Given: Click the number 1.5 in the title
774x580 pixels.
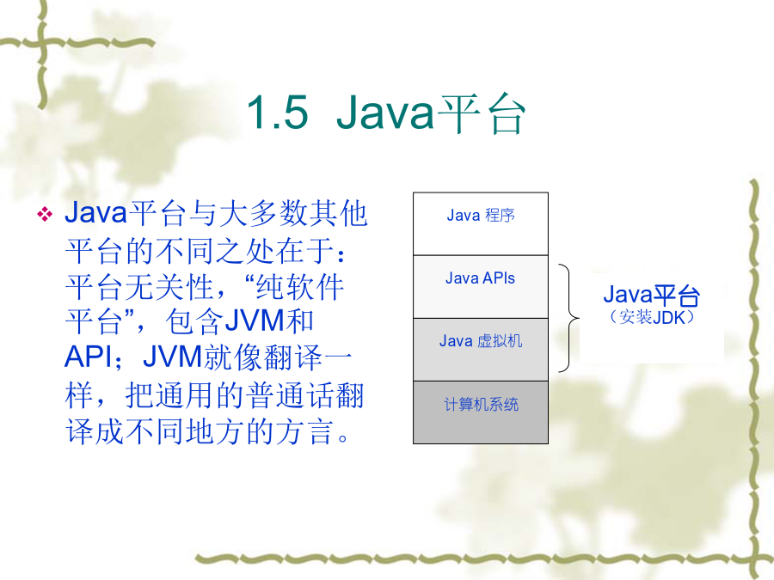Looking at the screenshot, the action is pyautogui.click(x=278, y=113).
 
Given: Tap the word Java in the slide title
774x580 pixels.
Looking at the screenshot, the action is pyautogui.click(x=385, y=113).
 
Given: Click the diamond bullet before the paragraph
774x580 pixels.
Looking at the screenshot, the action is pyautogui.click(x=45, y=214).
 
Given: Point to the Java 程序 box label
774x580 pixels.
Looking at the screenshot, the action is pyautogui.click(x=480, y=216).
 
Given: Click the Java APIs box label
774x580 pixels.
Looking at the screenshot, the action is pyautogui.click(x=480, y=278).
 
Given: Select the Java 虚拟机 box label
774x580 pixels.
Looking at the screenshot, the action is pyautogui.click(x=480, y=341).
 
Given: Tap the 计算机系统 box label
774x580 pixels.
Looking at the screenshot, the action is pyautogui.click(x=481, y=405).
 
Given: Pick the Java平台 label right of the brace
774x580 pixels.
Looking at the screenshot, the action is pyautogui.click(x=651, y=296).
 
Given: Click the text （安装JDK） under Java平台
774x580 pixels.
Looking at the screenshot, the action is pyautogui.click(x=652, y=317).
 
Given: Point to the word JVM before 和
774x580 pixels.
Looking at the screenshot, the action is pyautogui.click(x=255, y=321).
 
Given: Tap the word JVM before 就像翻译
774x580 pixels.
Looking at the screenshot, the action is pyautogui.click(x=172, y=357).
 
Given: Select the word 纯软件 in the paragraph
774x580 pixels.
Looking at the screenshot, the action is pyautogui.click(x=299, y=286).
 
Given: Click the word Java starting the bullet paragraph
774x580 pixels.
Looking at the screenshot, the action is pyautogui.click(x=95, y=212).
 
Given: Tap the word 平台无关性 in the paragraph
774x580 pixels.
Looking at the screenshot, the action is pyautogui.click(x=139, y=286).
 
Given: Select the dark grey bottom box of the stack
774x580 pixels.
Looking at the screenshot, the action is pyautogui.click(x=480, y=412).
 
